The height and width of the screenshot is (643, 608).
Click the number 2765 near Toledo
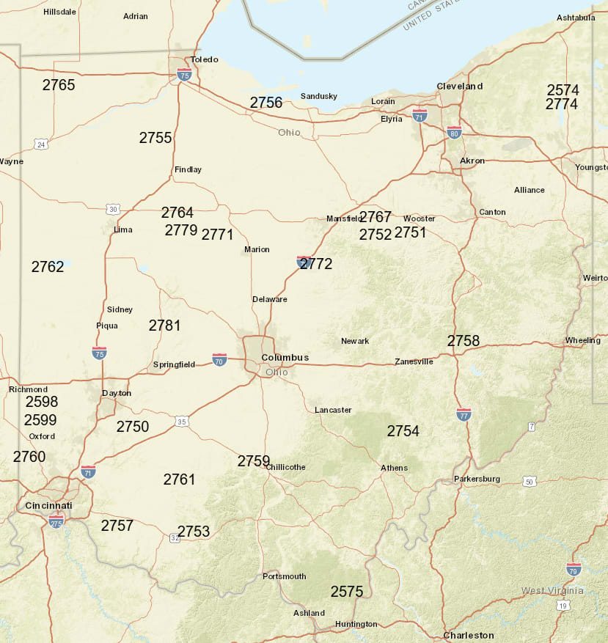(59, 85)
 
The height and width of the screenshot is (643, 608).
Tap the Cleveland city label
(460, 86)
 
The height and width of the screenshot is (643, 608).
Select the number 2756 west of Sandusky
(266, 103)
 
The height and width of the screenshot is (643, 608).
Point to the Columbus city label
(285, 358)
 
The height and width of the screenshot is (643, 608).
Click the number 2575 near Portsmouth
(347, 592)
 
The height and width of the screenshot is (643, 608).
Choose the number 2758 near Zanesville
(464, 341)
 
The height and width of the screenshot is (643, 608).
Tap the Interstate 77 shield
(464, 414)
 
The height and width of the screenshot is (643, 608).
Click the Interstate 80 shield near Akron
(454, 133)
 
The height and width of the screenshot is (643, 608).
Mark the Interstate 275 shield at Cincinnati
(56, 521)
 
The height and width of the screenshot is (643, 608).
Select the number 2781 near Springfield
(165, 326)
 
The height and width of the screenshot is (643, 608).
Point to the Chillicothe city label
(285, 467)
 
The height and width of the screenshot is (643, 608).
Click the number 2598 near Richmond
(42, 402)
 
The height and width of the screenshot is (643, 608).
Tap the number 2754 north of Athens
(403, 431)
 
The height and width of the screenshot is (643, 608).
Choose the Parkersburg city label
(477, 480)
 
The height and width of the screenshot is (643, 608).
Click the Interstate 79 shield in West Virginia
(574, 569)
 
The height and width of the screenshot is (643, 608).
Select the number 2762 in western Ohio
(48, 267)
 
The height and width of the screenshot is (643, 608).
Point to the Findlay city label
(188, 170)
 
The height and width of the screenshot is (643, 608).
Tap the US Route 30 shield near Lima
(112, 210)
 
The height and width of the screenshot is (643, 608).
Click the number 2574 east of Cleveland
(563, 90)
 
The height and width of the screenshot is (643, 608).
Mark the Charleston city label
(469, 635)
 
